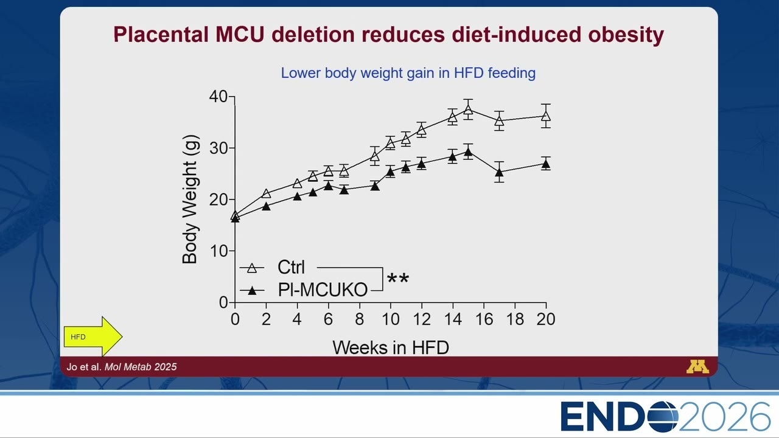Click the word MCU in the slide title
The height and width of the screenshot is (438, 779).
[x=240, y=35]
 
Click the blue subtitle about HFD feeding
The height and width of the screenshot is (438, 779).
[x=408, y=73]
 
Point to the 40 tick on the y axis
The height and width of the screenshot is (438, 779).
[x=218, y=96]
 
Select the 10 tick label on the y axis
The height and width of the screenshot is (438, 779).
[x=218, y=251]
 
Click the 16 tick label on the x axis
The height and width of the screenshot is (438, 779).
[x=484, y=319]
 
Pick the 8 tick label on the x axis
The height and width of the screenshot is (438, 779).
[x=360, y=319]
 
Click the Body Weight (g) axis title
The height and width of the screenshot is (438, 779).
[x=190, y=199]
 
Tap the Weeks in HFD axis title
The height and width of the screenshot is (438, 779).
[x=391, y=347]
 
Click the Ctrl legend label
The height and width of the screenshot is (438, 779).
[x=291, y=267]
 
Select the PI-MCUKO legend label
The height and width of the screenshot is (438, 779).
[x=323, y=290]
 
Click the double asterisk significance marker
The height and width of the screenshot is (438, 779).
[x=398, y=278]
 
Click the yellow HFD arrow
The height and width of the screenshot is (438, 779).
[x=93, y=336]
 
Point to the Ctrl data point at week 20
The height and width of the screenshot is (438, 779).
[x=546, y=116]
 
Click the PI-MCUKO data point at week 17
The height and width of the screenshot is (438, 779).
[x=500, y=172]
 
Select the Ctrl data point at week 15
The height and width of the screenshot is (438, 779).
[x=468, y=110]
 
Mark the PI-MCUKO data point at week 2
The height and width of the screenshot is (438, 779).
[x=266, y=206]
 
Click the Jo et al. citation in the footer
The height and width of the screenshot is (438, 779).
[x=122, y=367]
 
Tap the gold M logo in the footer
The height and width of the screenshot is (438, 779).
[x=697, y=367]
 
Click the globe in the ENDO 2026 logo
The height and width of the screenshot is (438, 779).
[x=663, y=417]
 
